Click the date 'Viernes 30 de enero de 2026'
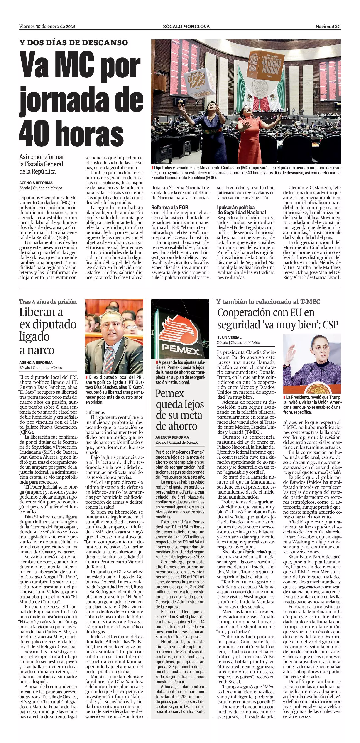click(47, 27)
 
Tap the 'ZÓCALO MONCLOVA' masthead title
click(186, 27)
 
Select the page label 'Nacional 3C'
click(328, 27)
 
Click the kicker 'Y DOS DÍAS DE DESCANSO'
click(73, 43)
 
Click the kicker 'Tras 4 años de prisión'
click(48, 302)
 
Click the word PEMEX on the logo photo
click(180, 349)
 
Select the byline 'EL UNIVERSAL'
click(229, 337)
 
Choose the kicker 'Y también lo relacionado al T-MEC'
click(269, 302)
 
